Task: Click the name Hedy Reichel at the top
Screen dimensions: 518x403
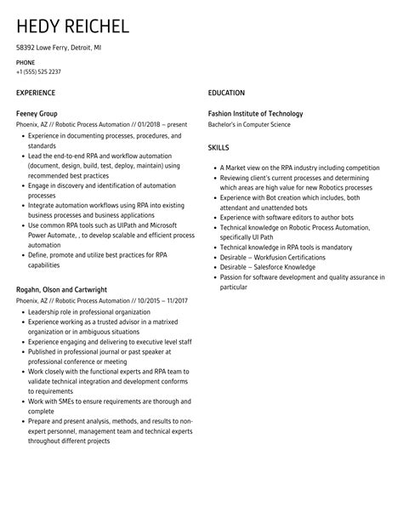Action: (72, 26)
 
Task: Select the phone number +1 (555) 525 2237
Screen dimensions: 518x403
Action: (38, 72)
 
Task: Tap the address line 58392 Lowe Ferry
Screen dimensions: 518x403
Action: (59, 48)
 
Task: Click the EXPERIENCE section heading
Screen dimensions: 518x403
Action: (36, 93)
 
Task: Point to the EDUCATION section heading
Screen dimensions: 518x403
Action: (226, 93)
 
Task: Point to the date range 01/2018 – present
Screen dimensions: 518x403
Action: (154, 124)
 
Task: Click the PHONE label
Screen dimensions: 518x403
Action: (26, 63)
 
